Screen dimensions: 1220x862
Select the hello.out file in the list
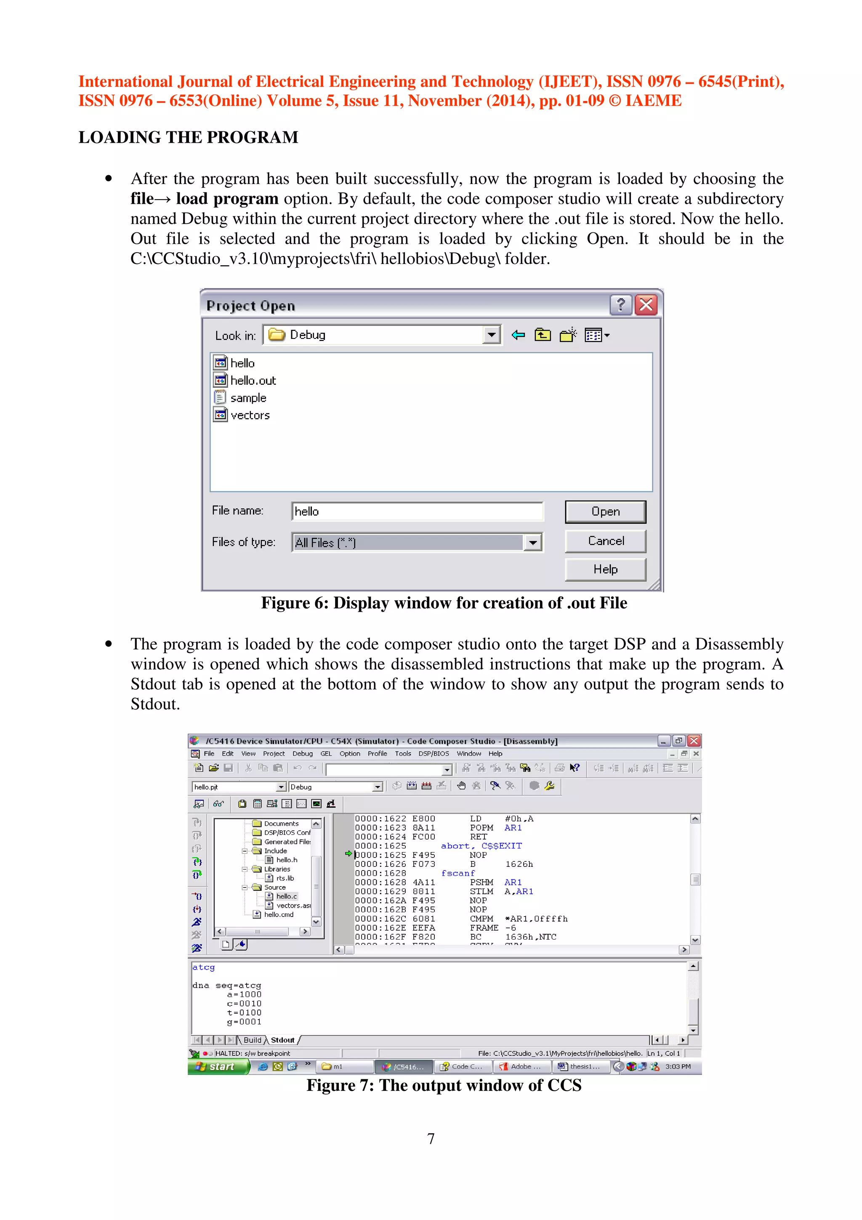253,381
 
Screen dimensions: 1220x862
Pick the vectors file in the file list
250,415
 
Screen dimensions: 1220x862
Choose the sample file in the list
248,398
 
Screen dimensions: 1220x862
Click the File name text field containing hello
417,511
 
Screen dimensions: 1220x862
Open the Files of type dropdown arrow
532,543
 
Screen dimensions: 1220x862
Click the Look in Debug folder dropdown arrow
491,335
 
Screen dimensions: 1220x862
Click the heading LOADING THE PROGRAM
188,137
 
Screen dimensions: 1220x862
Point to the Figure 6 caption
444,603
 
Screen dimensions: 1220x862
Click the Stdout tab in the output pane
282,1040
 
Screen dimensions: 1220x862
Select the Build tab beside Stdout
252,1040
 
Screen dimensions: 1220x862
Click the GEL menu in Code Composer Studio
326,754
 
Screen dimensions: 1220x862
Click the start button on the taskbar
218,1066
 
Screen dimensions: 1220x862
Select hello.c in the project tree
286,896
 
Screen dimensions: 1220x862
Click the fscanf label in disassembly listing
458,873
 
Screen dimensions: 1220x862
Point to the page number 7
431,1139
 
